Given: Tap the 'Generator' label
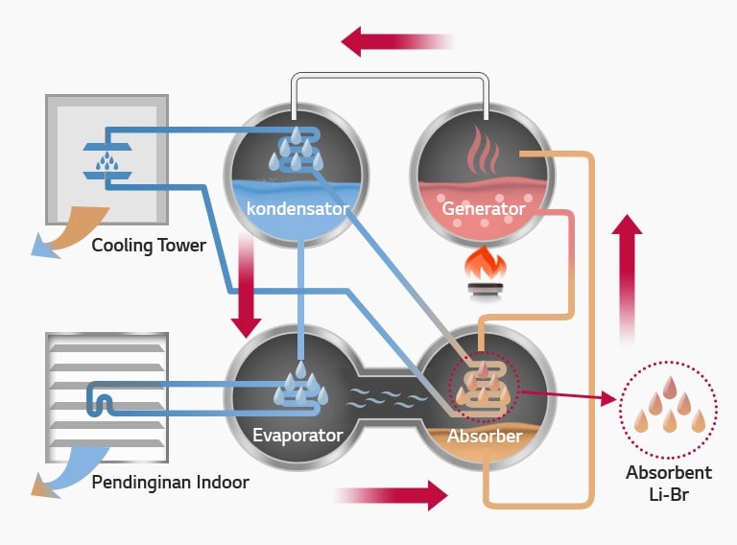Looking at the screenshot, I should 483,208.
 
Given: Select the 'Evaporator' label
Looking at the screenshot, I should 297,435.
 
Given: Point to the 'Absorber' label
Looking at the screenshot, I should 485,437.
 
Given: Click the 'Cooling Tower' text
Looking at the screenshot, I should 149,246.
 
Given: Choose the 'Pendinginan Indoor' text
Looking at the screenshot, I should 170,482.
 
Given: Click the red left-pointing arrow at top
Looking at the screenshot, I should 393,41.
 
